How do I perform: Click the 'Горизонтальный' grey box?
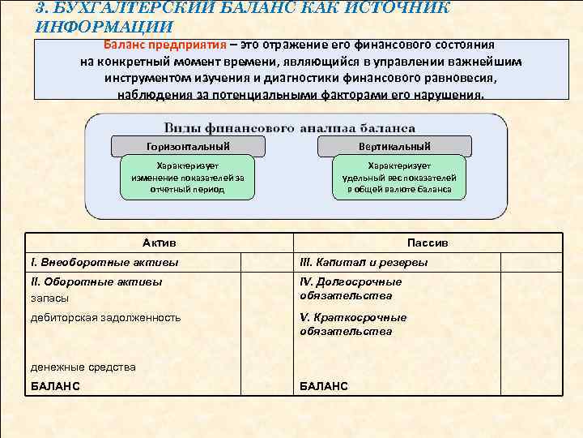tap(188, 146)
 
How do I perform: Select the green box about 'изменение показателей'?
tap(187, 177)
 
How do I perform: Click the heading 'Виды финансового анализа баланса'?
tap(290, 128)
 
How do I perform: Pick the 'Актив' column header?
tap(159, 243)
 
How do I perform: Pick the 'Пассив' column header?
tap(428, 243)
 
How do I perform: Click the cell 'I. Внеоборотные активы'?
tap(104, 262)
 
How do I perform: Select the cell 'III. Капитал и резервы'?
tap(364, 262)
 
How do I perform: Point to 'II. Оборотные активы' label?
tap(96, 281)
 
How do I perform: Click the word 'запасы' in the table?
tap(49, 298)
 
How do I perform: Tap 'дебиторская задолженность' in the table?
tap(105, 317)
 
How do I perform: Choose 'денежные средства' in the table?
tap(83, 367)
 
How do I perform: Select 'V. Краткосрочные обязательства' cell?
tap(352, 324)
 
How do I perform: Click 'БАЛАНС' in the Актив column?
tap(55, 386)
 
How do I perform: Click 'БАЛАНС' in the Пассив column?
tap(324, 386)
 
